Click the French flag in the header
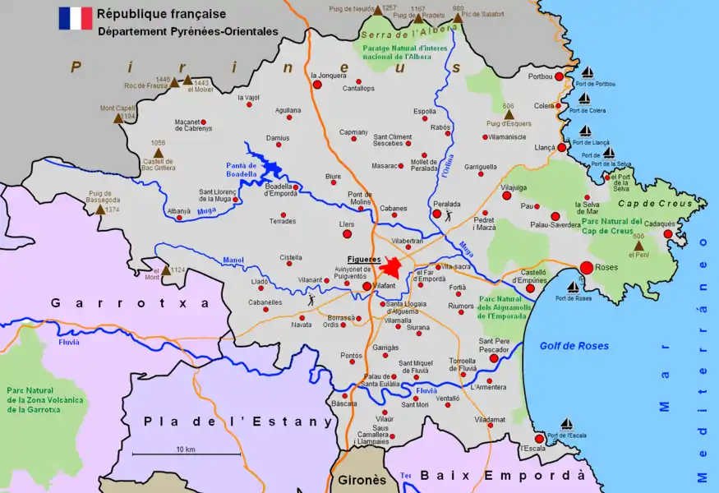point(75,18)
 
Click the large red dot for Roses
point(587,267)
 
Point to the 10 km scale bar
point(187,454)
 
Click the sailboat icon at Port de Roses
point(573,287)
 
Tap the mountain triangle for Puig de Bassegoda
point(100,210)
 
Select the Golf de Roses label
point(574,346)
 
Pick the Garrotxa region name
point(131,303)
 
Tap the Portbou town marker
point(560,76)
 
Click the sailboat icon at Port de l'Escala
point(566,424)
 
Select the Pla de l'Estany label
point(238,422)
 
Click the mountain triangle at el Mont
point(166,270)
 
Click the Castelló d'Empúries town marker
point(530,288)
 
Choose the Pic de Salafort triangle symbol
point(458,17)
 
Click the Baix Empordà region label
point(503,476)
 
